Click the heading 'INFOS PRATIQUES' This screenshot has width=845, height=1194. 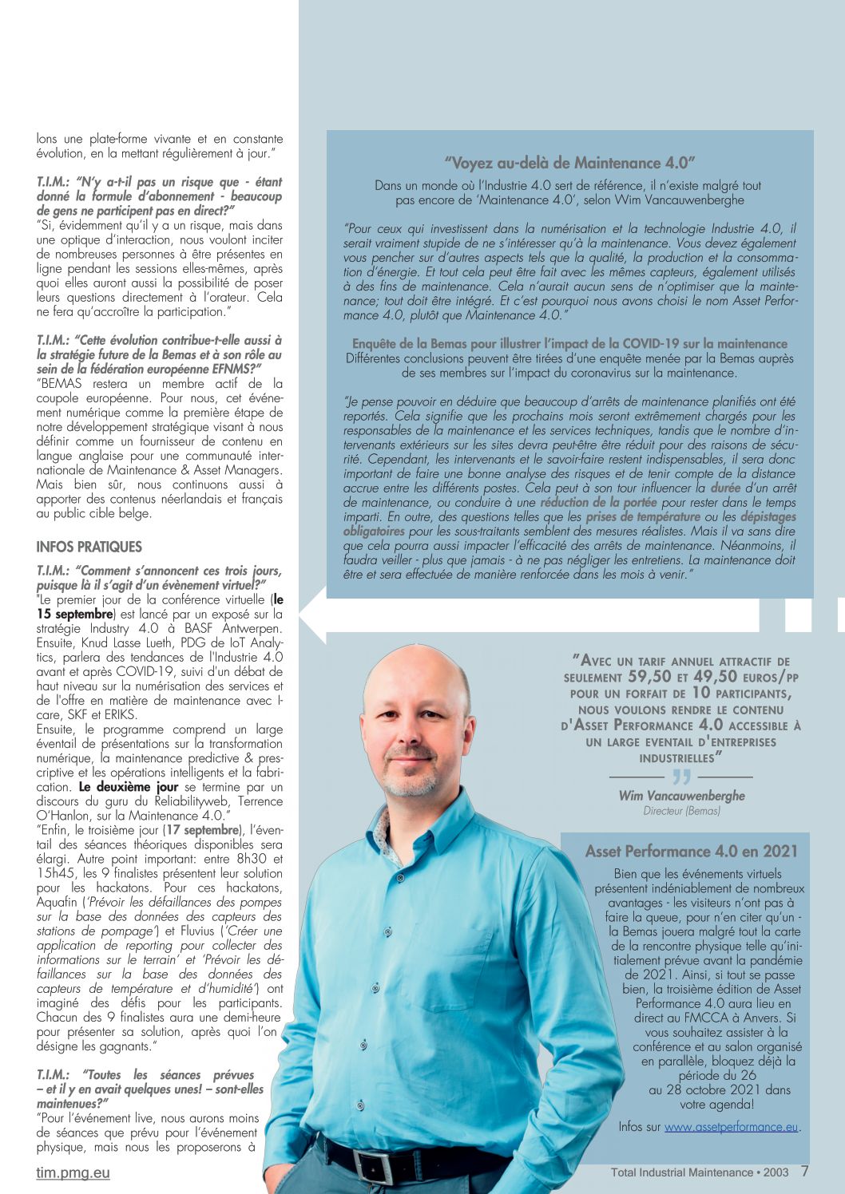[x=89, y=547]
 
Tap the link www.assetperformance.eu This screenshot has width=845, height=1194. [x=731, y=1127]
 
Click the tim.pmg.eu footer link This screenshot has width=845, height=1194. [x=73, y=1172]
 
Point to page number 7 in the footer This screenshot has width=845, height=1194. [x=804, y=1171]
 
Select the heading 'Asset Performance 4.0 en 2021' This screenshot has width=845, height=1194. [x=692, y=851]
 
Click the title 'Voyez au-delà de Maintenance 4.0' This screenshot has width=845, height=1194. [x=569, y=163]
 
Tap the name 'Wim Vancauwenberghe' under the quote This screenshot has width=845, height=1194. [x=681, y=796]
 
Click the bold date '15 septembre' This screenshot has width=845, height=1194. [x=74, y=614]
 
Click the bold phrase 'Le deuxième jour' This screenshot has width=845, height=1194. [x=129, y=787]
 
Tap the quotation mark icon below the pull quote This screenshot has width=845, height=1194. [x=680, y=777]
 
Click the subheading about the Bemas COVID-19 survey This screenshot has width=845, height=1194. [x=569, y=344]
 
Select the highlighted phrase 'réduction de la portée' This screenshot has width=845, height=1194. [x=598, y=502]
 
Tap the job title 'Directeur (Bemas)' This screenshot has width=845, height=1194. [x=681, y=811]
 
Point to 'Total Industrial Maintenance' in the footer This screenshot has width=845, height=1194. [x=681, y=1172]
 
